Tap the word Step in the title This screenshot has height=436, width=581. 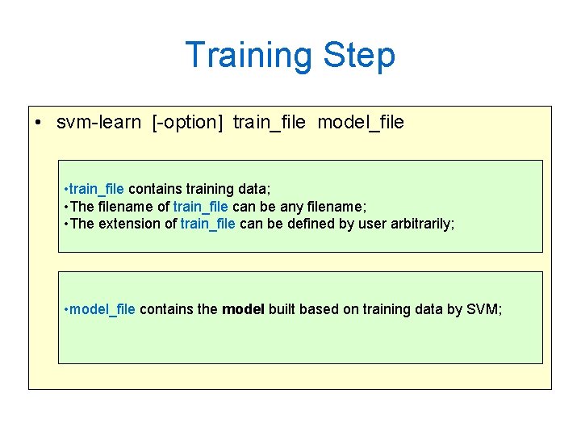tap(359, 56)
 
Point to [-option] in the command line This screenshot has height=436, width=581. tap(187, 123)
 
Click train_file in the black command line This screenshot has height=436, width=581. tap(269, 123)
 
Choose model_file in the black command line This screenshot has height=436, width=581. tap(361, 123)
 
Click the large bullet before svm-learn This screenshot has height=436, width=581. tap(39, 124)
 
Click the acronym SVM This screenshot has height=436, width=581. tap(483, 309)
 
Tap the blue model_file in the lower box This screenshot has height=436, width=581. tap(103, 309)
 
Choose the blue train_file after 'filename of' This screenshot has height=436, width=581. tap(201, 207)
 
